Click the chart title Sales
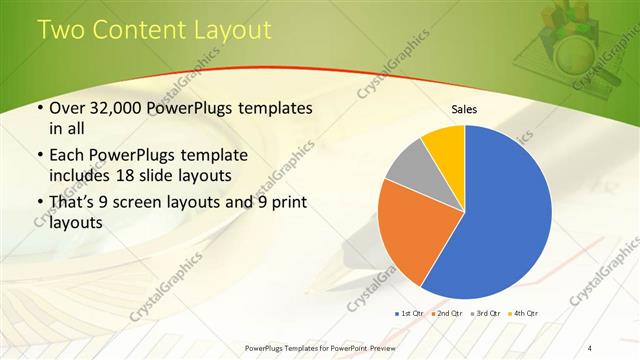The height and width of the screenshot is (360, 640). tap(463, 108)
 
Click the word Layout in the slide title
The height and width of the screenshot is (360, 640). tap(227, 30)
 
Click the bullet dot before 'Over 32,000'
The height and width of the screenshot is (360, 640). tap(39, 108)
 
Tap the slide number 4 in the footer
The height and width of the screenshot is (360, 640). tap(590, 346)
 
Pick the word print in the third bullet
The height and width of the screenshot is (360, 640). tap(286, 204)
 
